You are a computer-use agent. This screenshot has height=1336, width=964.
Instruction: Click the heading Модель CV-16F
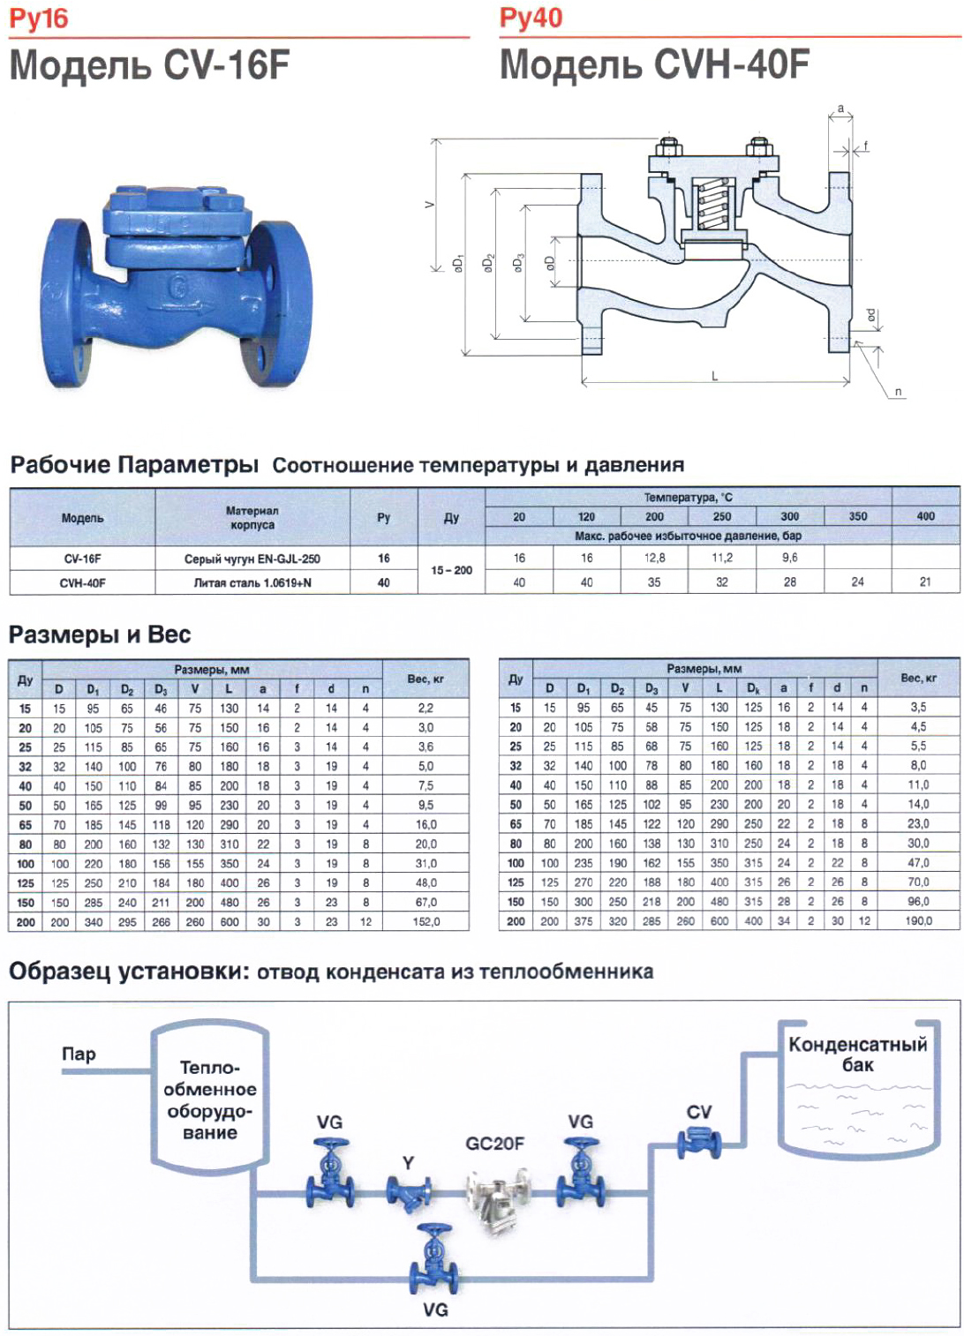point(149,66)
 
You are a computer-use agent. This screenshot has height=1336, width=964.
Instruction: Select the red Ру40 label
point(531,18)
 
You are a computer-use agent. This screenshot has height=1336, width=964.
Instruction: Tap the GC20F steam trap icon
point(497,1194)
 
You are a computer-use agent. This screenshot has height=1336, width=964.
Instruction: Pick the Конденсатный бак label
point(857,1055)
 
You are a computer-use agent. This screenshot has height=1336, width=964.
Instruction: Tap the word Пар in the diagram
point(79,1054)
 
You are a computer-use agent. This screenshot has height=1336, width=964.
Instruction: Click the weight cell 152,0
point(426,922)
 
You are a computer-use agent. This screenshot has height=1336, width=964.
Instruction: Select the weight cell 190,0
point(918,921)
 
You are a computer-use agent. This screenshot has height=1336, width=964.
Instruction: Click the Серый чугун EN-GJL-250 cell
point(252,559)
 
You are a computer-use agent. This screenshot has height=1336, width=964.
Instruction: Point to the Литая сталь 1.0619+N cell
point(252,582)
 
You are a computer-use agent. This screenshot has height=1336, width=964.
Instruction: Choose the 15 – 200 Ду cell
point(451,570)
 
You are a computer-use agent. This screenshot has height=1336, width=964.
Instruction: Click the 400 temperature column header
point(925,516)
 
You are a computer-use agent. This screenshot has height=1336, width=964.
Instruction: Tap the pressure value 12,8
point(654,558)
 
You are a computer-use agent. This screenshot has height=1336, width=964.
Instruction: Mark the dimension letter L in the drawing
point(715,375)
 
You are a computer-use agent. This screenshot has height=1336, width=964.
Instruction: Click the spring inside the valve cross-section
point(713,205)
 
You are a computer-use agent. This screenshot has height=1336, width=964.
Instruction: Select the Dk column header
point(753,688)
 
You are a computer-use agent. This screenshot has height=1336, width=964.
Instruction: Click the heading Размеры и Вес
point(100,634)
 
